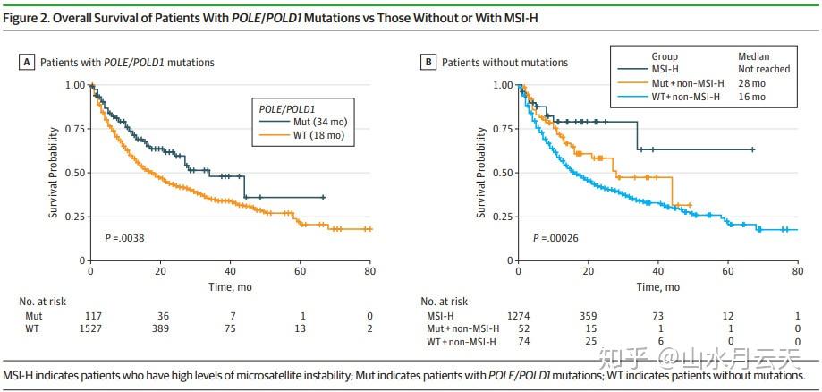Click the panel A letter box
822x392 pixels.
tap(27, 63)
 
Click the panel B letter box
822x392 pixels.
tap(430, 63)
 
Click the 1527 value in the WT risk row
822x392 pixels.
tap(91, 329)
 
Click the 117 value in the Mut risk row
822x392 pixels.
tap(91, 316)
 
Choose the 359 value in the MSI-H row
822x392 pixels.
tap(588, 316)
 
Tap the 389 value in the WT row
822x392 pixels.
tap(161, 329)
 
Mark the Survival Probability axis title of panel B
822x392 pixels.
tap(480, 173)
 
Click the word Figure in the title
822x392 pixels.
tap(23, 13)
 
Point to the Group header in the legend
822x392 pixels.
tap(665, 55)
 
